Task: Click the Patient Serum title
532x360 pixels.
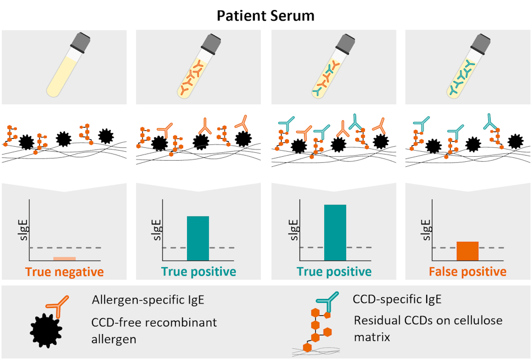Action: tap(266, 15)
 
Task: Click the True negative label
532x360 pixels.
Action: tap(64, 272)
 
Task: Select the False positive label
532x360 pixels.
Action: tap(468, 272)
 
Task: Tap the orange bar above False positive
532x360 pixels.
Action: tap(468, 251)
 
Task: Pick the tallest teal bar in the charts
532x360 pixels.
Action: tap(335, 232)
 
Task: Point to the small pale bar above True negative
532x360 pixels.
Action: tap(64, 259)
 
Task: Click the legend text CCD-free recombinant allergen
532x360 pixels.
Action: tap(154, 330)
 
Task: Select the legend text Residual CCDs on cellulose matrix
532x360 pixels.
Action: tap(428, 328)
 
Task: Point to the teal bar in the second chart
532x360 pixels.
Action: tap(198, 238)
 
